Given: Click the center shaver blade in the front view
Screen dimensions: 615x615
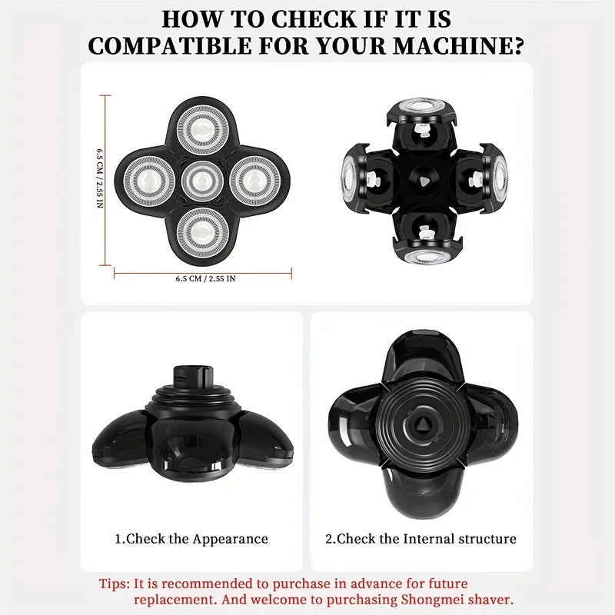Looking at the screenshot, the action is coord(202,181).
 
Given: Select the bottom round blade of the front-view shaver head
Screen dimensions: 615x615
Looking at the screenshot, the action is coord(202,233).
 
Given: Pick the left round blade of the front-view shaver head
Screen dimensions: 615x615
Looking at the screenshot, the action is coord(149,181).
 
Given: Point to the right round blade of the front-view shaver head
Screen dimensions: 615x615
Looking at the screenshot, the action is coord(255,181).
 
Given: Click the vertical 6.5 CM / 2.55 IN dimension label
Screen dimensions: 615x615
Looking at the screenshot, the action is coord(100,178).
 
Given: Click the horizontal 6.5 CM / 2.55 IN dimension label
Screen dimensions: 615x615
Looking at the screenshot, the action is coord(205,278).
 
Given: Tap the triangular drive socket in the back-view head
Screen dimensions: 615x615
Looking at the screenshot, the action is coord(424,181).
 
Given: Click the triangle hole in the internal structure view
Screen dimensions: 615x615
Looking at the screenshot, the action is coord(424,425).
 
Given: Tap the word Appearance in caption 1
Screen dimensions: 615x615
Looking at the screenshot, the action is coord(230,540).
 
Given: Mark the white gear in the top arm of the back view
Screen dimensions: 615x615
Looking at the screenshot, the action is coord(422,131).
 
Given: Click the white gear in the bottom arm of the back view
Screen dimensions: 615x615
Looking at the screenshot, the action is coord(425,232).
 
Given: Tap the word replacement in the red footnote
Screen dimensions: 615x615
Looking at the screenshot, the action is coord(175,600).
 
